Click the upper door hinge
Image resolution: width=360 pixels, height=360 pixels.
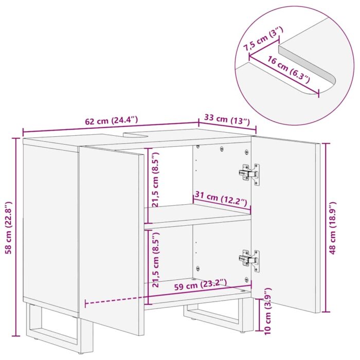pyautogui.click(x=249, y=173)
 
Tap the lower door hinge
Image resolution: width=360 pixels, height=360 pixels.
pyautogui.click(x=249, y=259)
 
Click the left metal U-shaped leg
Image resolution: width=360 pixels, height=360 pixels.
pyautogui.click(x=51, y=329)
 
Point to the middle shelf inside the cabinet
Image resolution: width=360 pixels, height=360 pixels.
pyautogui.click(x=195, y=216)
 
